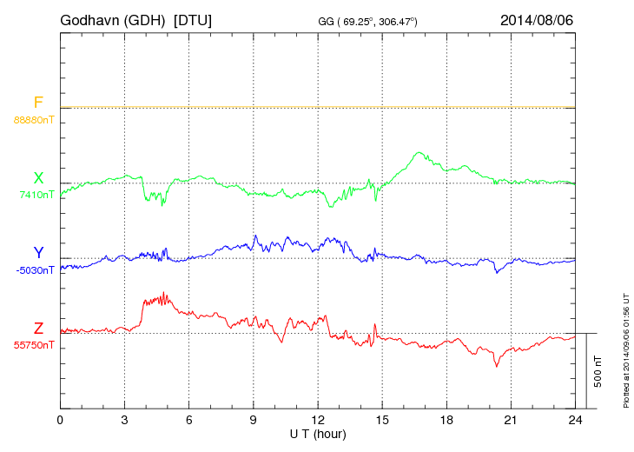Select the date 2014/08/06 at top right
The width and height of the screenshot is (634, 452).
(x=537, y=19)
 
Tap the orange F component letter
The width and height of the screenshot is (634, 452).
(x=38, y=103)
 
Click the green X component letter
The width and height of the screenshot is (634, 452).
(x=38, y=178)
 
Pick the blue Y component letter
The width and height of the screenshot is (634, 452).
(x=38, y=253)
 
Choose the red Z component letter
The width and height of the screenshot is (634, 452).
(x=38, y=329)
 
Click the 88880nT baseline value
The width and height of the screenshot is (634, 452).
(x=33, y=120)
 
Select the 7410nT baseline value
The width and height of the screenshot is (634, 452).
(x=36, y=195)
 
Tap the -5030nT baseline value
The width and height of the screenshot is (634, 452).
(x=34, y=270)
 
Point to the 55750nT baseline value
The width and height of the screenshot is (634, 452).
(x=33, y=345)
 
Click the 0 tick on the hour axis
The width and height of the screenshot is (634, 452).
(x=60, y=421)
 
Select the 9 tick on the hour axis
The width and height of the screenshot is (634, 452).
(x=253, y=421)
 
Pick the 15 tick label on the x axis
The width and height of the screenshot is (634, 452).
(x=381, y=421)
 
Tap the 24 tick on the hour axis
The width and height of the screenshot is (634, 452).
(x=575, y=421)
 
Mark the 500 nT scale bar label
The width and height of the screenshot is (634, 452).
(x=598, y=371)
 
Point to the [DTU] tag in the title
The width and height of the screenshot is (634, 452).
(x=192, y=19)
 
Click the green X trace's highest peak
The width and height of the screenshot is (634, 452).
(x=420, y=153)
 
